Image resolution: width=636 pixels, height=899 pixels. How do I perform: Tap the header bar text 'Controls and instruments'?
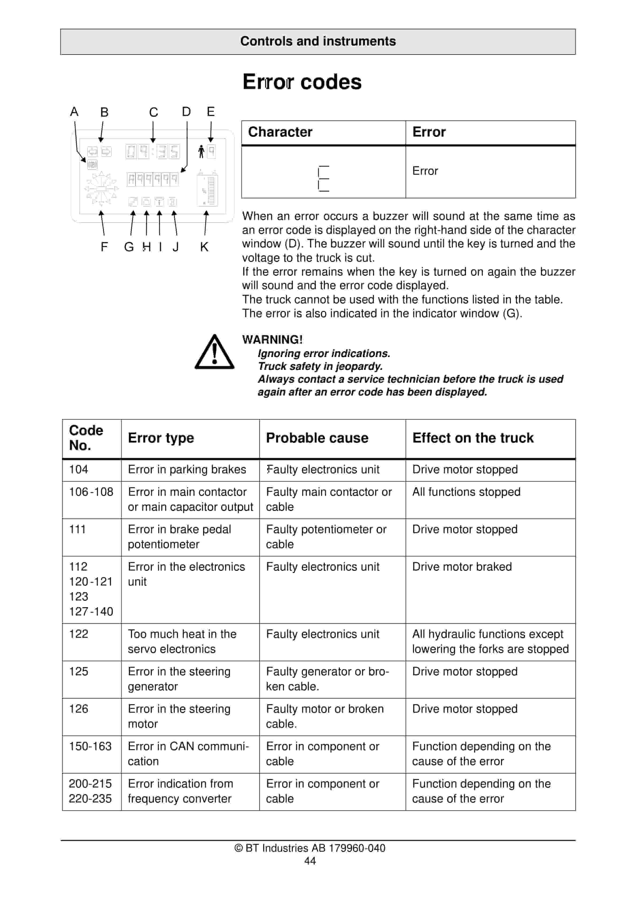click(318, 41)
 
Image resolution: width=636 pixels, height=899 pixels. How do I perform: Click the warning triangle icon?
click(214, 352)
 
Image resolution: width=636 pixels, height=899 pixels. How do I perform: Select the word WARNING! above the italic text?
click(272, 339)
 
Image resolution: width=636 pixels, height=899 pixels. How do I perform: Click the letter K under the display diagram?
click(204, 247)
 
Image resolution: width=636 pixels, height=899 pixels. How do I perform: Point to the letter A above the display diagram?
click(74, 112)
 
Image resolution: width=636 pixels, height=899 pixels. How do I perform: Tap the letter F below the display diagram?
click(104, 247)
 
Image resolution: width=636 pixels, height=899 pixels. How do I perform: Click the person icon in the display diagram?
click(201, 152)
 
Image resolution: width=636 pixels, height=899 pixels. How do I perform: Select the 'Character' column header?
click(280, 132)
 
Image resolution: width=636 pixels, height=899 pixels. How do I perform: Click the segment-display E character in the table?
click(324, 179)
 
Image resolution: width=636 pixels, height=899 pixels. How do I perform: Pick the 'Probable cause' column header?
click(317, 438)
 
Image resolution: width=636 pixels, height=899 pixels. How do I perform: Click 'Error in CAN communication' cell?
click(188, 754)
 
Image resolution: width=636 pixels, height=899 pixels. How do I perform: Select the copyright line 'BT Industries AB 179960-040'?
click(310, 848)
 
